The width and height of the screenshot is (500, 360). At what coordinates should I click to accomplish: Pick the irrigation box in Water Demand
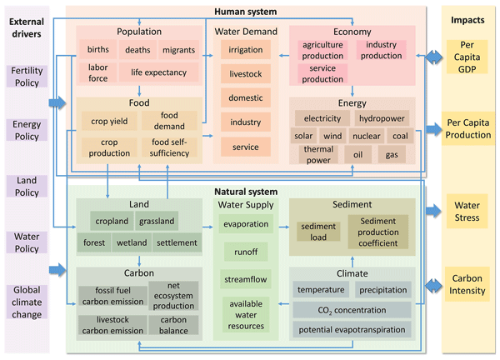(x=245, y=50)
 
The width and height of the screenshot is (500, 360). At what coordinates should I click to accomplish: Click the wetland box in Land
(x=132, y=243)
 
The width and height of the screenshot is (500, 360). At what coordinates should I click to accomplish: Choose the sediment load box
(x=319, y=231)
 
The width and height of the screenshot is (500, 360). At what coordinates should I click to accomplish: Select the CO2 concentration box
(x=351, y=310)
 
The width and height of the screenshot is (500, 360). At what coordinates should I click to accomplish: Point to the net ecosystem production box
(x=173, y=295)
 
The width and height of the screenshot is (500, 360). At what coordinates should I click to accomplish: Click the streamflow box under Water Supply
(x=245, y=278)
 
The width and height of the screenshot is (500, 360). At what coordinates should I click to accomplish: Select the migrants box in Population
(x=179, y=50)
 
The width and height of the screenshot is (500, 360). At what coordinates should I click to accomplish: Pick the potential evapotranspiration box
(x=351, y=330)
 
